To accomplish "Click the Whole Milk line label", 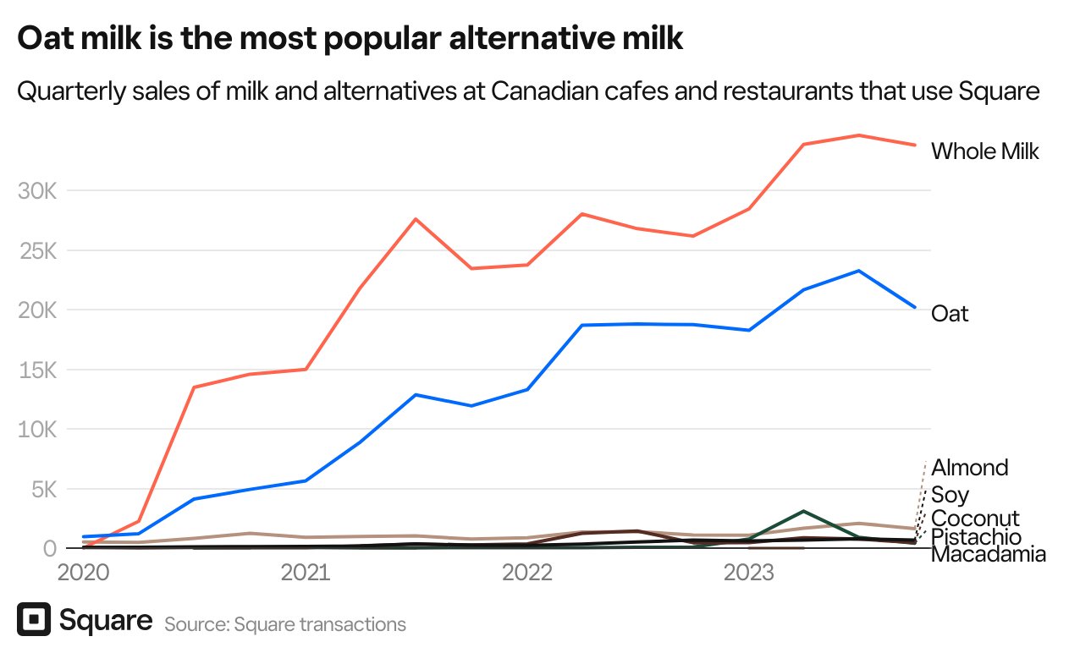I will click(x=984, y=151).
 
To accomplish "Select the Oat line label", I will click(x=950, y=314).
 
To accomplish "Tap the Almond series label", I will click(x=970, y=468).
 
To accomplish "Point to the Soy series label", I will click(x=950, y=495).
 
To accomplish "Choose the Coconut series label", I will click(x=975, y=519).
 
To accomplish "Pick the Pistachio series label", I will click(x=976, y=537).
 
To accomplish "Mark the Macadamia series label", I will click(x=988, y=555).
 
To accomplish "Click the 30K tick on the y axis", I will click(x=36, y=191).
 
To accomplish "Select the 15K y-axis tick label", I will click(x=36, y=370).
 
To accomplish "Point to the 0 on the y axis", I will click(x=49, y=549).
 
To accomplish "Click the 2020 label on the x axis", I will click(x=83, y=573).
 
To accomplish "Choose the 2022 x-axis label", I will click(x=527, y=573).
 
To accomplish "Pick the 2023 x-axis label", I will click(x=748, y=573).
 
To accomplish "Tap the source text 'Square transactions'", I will click(x=320, y=625).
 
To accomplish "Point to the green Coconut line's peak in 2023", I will click(x=803, y=512).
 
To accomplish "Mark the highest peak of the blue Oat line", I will click(x=858, y=271).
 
